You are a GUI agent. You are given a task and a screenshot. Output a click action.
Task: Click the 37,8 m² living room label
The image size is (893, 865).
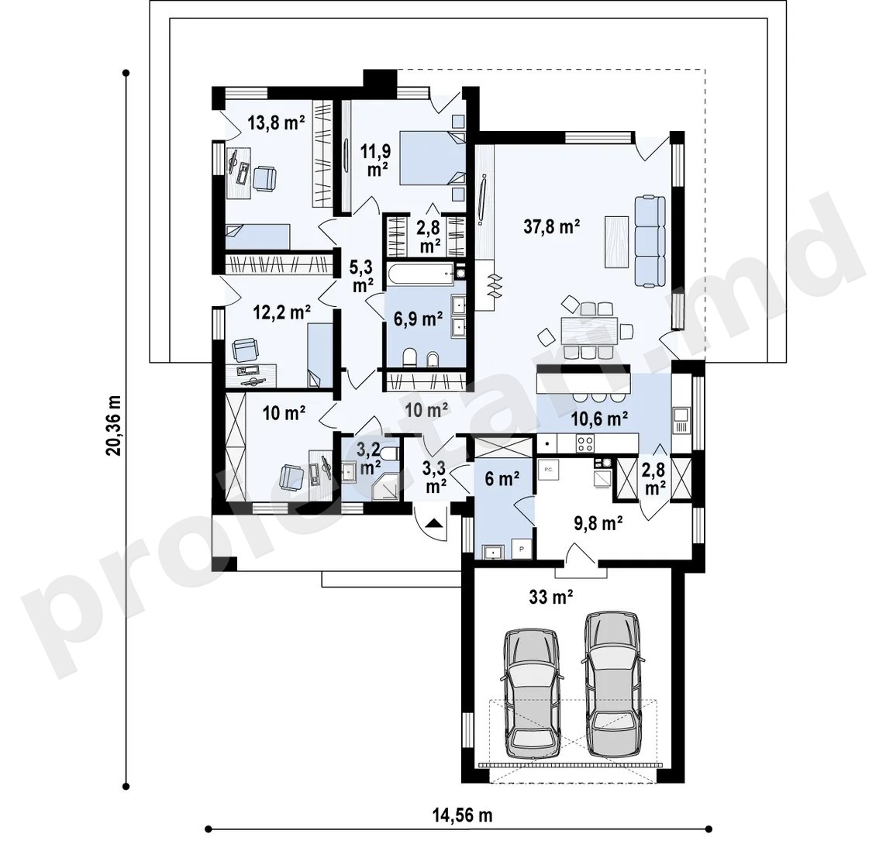(551, 226)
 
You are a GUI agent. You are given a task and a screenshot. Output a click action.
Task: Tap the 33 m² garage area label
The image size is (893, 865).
(550, 597)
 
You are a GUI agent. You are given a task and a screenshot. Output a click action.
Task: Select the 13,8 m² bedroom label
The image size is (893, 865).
(276, 122)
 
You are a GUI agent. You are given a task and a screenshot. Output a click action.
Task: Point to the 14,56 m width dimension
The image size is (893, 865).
(462, 815)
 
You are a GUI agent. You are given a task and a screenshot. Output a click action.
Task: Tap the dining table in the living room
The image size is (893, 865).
(589, 330)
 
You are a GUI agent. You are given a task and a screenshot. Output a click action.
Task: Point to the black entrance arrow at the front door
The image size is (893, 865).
(434, 522)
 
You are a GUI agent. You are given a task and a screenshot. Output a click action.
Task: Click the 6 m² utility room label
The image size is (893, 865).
(502, 479)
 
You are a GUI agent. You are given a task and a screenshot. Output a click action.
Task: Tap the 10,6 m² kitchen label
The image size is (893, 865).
(600, 419)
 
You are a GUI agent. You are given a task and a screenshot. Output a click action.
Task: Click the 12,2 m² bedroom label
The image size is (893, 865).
(282, 312)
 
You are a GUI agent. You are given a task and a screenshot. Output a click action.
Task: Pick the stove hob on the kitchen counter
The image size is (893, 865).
(585, 442)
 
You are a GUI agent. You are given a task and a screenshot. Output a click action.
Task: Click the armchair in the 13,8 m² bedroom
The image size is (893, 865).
(265, 177)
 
